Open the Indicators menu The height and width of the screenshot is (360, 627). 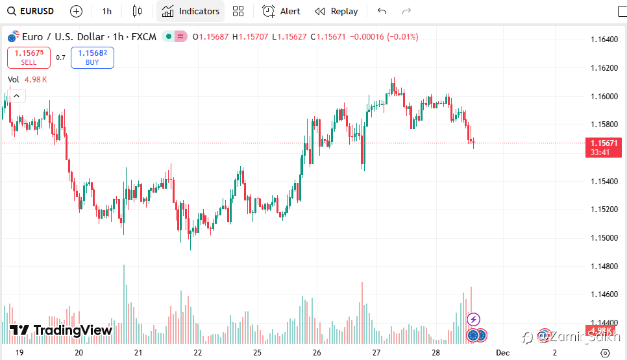click(191, 11)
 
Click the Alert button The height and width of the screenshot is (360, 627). click(281, 11)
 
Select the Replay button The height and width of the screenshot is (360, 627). click(336, 11)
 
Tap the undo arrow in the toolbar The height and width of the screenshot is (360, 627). click(382, 11)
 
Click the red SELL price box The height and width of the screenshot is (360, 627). click(29, 58)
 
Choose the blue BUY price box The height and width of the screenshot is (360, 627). click(92, 58)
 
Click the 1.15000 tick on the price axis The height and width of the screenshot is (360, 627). click(604, 238)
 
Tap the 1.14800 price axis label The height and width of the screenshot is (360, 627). click(604, 266)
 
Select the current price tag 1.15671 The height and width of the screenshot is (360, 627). click(604, 143)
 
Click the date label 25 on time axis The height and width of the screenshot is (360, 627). click(258, 352)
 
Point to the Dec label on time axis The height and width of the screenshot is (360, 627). click(502, 352)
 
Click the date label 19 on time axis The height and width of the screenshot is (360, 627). click(19, 352)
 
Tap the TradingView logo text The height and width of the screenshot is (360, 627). click(72, 330)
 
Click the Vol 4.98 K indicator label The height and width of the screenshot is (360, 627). click(27, 80)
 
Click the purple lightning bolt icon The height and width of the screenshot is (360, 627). click(474, 319)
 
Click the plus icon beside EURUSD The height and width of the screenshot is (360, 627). click(76, 11)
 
